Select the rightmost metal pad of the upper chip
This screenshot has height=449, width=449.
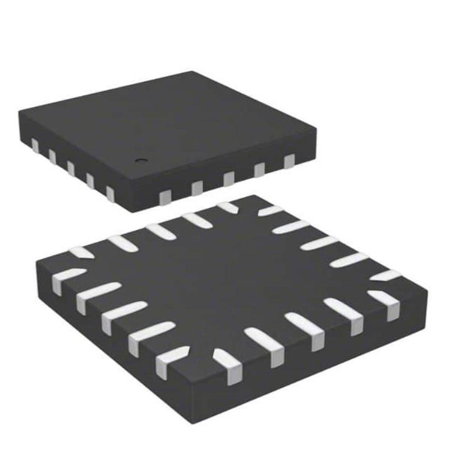(289, 162)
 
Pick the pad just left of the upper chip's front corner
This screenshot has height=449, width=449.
(110, 194)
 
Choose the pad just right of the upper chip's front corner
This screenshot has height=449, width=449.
(165, 196)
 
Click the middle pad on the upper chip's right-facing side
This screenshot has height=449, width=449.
(228, 179)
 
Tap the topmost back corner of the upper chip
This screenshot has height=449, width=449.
(194, 71)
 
